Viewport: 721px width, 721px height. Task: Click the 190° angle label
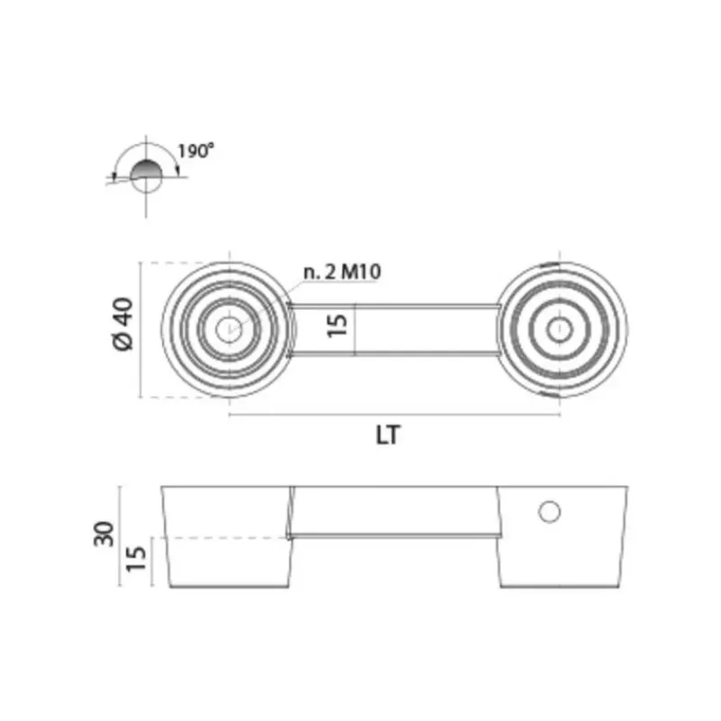click(x=196, y=151)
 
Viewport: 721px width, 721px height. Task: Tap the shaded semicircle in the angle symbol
click(x=146, y=169)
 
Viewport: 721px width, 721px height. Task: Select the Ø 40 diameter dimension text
click(x=123, y=324)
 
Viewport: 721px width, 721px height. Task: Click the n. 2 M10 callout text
click(x=342, y=272)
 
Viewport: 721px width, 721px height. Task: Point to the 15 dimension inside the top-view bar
click(x=337, y=325)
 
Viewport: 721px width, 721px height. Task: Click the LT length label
click(x=388, y=435)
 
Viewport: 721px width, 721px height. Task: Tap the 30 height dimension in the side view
click(x=104, y=534)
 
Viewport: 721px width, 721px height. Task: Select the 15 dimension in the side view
click(x=136, y=559)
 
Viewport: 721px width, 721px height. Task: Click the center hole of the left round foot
click(x=229, y=329)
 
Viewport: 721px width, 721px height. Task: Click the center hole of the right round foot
click(x=560, y=329)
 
